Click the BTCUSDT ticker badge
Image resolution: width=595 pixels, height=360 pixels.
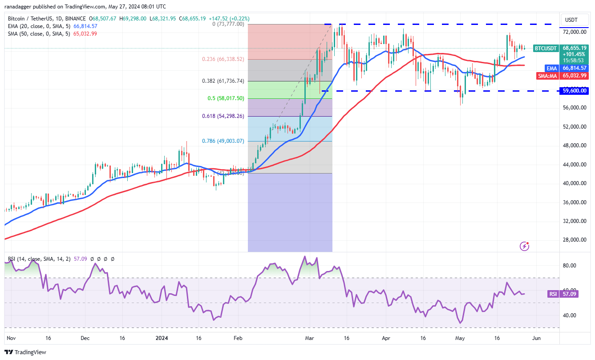click(x=545, y=48)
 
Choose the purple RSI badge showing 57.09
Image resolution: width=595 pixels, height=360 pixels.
click(x=552, y=294)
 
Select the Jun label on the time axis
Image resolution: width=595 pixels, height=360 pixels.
click(x=536, y=338)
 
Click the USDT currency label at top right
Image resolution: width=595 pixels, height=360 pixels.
click(x=571, y=20)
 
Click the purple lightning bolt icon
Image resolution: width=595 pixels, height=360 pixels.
click(x=525, y=246)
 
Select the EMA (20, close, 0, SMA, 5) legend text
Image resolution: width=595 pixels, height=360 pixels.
click(x=40, y=26)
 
